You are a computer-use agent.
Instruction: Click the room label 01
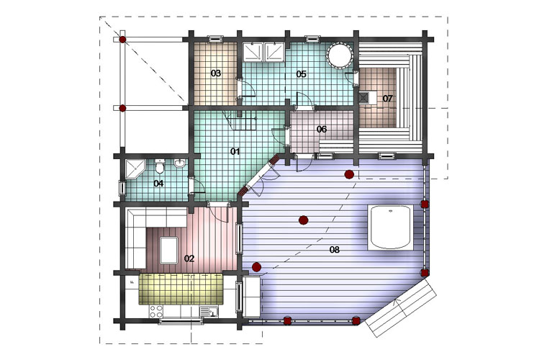pos(235,151)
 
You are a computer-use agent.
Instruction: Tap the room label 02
pos(189,258)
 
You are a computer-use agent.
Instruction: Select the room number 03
pos(216,73)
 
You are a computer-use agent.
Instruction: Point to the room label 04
pos(159,183)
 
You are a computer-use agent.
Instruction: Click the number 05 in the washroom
pos(301,74)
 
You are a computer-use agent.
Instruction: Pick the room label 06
pos(322,130)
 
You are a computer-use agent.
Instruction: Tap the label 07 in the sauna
pos(387,99)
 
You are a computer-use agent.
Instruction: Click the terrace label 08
pos(334,249)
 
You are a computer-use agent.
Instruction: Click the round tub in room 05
pos(338,55)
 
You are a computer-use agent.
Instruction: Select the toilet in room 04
pos(160,166)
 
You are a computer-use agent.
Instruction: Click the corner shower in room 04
pos(135,169)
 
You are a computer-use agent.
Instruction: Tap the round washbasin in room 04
pos(180,163)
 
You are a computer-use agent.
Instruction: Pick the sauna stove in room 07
pos(363,98)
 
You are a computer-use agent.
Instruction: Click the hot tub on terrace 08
pos(390,227)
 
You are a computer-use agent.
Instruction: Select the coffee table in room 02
pos(169,250)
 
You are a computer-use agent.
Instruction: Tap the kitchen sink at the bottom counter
pos(209,312)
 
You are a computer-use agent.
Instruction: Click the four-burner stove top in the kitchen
pos(155,311)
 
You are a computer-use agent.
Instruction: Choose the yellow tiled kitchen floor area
pos(181,289)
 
